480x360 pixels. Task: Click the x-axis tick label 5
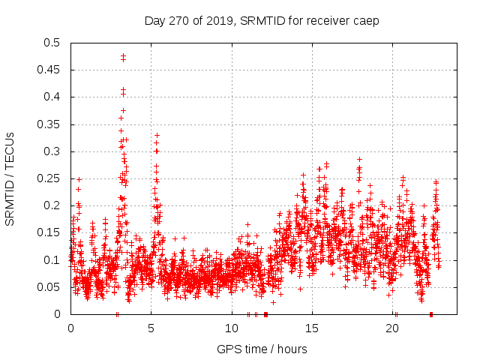(x=151, y=328)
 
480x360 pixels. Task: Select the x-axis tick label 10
(x=232, y=328)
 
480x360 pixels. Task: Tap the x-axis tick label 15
(x=312, y=328)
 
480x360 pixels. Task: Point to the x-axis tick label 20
(x=393, y=328)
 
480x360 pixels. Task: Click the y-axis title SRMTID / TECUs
(x=10, y=178)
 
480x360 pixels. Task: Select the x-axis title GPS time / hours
(x=261, y=349)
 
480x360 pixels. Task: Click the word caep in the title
(x=366, y=20)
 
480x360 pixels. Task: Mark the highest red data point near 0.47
(x=123, y=55)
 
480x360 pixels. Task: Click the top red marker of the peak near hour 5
(x=157, y=136)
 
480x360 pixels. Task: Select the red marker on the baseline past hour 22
(x=430, y=314)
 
